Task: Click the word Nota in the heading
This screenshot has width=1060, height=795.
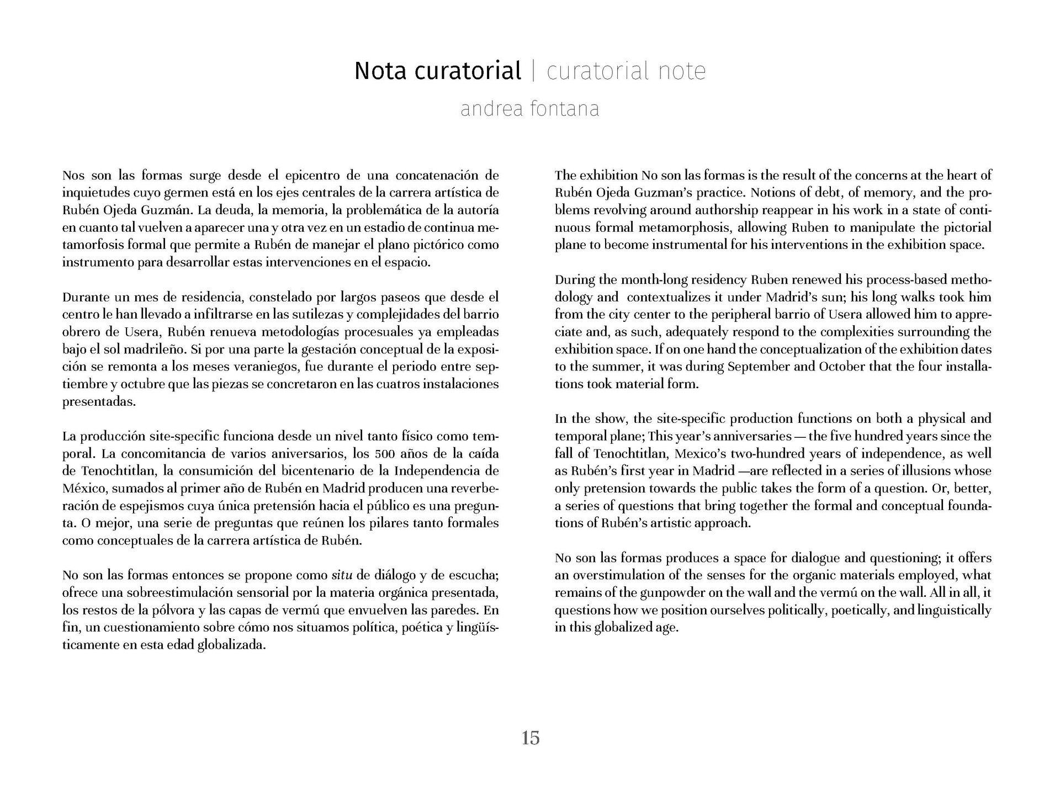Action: (381, 71)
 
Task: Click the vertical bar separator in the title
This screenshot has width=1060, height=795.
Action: (533, 71)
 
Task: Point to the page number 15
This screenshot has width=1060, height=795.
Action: (530, 738)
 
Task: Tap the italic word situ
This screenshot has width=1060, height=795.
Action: (342, 575)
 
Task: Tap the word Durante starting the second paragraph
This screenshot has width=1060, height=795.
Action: (85, 298)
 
